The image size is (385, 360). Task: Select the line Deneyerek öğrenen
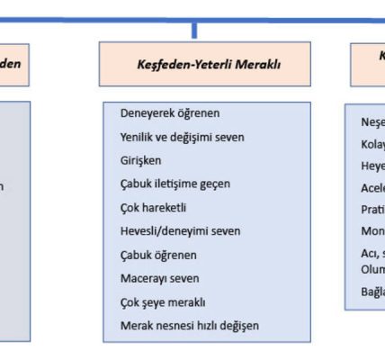tap(170, 113)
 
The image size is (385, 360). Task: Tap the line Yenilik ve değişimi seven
tap(182, 137)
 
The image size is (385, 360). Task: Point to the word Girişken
tap(142, 160)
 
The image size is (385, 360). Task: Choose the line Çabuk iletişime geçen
tap(175, 184)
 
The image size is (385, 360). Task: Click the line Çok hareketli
tap(153, 207)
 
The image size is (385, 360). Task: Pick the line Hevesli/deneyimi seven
tap(180, 230)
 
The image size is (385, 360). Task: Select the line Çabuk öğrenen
tap(158, 255)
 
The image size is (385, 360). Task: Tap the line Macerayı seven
tap(159, 278)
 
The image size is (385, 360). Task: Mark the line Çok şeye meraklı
tap(163, 301)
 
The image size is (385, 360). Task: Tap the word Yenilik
tap(138, 137)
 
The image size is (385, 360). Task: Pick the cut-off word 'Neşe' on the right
tap(372, 122)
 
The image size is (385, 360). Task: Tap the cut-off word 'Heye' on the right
tap(372, 166)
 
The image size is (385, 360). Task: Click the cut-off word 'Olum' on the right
tap(372, 269)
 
